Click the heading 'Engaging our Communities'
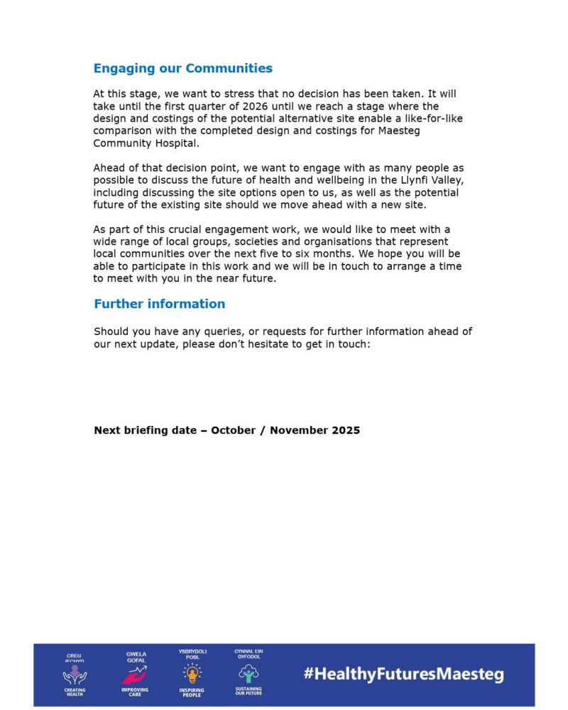tap(183, 69)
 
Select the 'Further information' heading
tap(159, 304)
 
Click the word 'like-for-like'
tap(431, 118)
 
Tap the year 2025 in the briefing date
tap(346, 430)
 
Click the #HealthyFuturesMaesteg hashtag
tap(403, 674)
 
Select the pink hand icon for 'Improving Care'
tap(135, 675)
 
